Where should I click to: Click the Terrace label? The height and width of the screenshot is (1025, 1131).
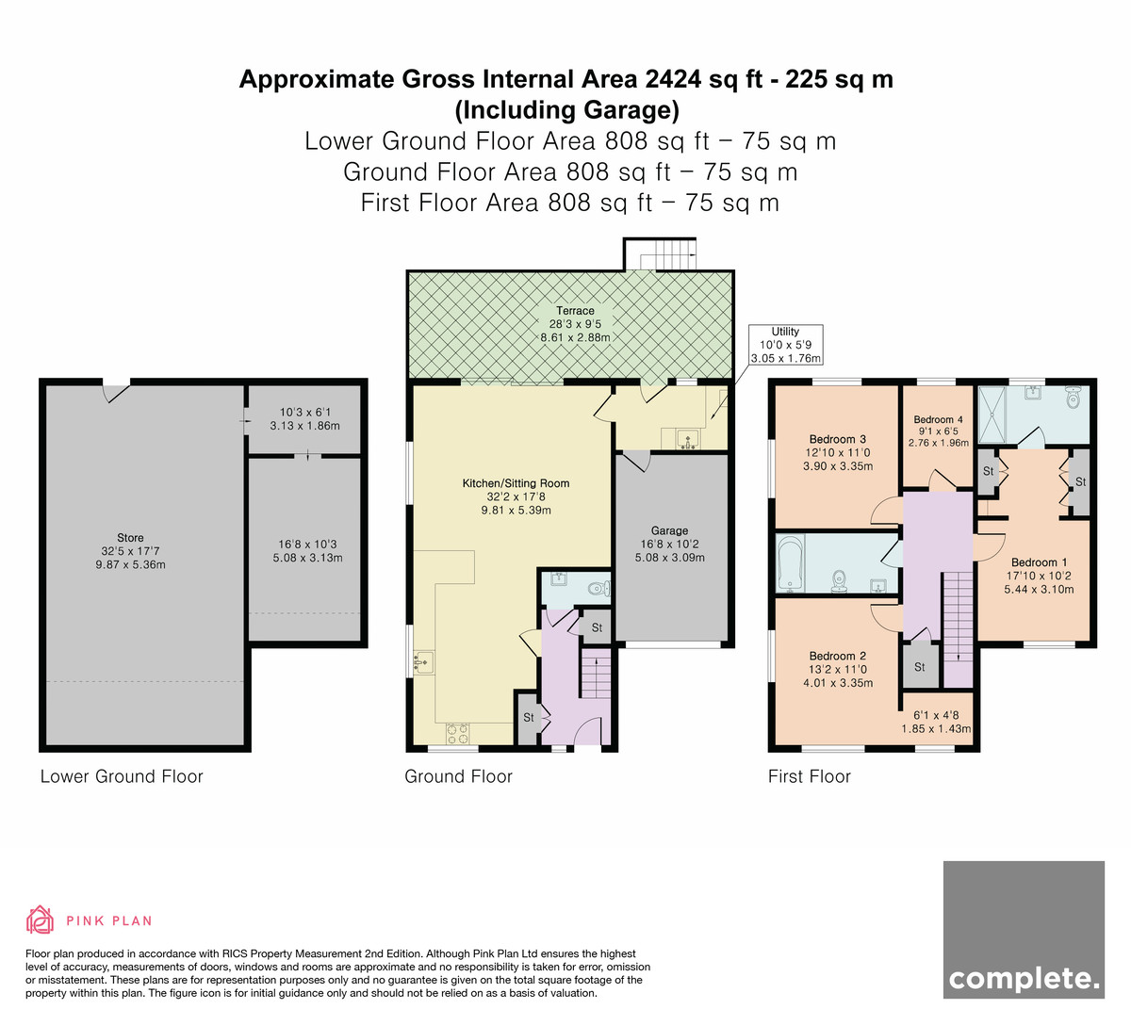point(575,311)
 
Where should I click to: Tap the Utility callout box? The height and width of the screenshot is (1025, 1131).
point(785,345)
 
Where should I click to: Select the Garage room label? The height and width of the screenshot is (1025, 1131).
point(669,530)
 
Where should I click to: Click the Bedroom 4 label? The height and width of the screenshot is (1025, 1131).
point(938,419)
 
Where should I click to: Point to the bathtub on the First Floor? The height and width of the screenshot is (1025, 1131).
point(790,563)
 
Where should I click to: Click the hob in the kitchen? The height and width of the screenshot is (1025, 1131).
point(457,733)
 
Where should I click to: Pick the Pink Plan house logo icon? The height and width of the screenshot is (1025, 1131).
point(40,920)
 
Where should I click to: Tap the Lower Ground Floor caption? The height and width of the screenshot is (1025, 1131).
point(122,776)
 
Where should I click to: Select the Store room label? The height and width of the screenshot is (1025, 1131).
point(130,538)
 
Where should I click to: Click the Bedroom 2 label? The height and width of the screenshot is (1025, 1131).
point(837,656)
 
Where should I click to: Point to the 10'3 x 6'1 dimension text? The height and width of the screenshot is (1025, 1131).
point(304,412)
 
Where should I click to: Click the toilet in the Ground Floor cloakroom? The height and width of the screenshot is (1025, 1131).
point(598,589)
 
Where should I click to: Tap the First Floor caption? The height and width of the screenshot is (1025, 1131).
point(809,776)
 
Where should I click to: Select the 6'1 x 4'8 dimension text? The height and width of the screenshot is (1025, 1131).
point(936,715)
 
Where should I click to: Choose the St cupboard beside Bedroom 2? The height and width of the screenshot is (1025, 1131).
point(920,667)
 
